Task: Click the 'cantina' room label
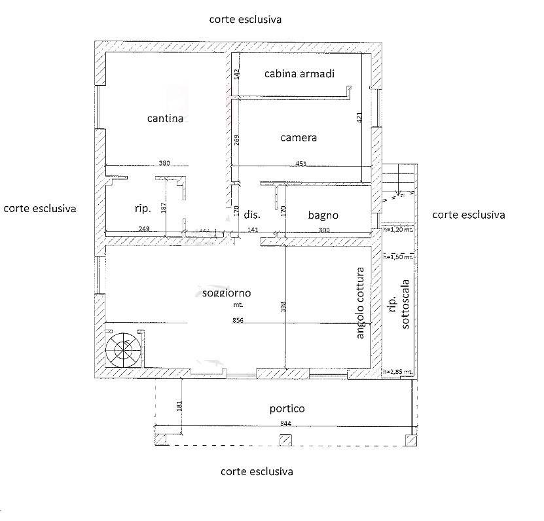click(165, 118)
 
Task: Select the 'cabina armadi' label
click(299, 74)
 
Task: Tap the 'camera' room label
click(299, 137)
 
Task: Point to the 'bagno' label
click(323, 215)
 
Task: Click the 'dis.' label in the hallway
click(252, 215)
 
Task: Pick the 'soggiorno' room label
click(227, 293)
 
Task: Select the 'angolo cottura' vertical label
click(360, 302)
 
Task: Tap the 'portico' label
click(287, 408)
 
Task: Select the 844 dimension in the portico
click(285, 423)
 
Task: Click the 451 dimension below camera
click(300, 164)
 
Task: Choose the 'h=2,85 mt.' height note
click(398, 372)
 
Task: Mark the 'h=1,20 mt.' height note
click(398, 230)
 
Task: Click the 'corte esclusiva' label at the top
click(245, 20)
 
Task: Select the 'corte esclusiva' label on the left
click(40, 209)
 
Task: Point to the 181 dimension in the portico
click(180, 406)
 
